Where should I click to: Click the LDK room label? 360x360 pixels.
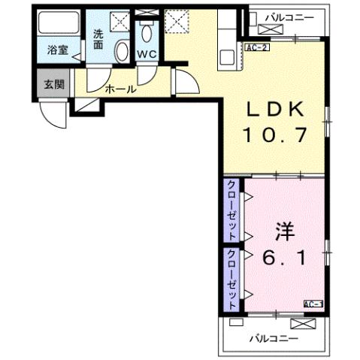[276, 110]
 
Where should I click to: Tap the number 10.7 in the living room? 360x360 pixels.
[276, 137]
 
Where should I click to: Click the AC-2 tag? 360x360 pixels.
[256, 47]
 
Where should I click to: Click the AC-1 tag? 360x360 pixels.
[313, 303]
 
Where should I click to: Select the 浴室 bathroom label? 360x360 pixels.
[58, 51]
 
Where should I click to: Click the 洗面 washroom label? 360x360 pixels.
[99, 38]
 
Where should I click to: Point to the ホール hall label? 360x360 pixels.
[120, 89]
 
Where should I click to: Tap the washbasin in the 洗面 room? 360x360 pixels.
[122, 50]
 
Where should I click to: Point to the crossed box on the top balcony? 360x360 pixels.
[268, 29]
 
